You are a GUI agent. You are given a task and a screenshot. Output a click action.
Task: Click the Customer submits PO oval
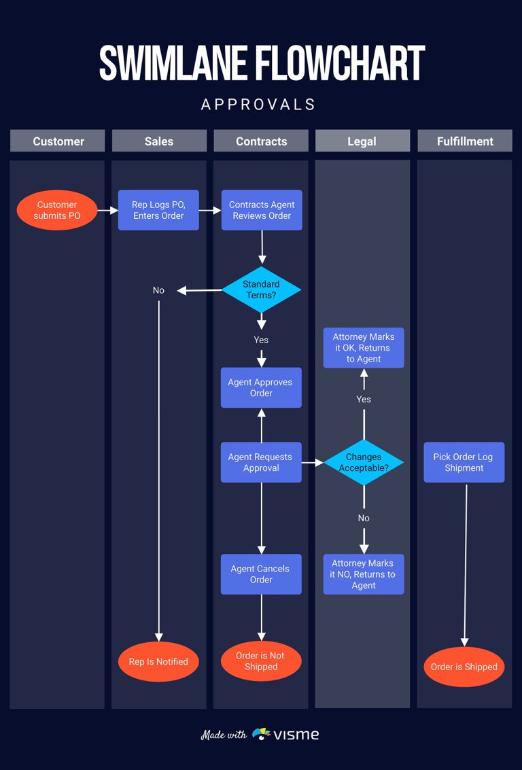pos(57,210)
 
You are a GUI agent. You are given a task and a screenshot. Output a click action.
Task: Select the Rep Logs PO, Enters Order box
pos(158,210)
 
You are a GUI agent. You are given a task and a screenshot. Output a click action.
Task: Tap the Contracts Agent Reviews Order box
pos(262,210)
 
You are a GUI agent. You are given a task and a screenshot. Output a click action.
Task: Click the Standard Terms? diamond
pos(261,290)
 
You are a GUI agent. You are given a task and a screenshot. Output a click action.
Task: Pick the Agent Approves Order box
pos(261,387)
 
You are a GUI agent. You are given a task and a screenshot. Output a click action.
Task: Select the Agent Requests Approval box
pos(261,462)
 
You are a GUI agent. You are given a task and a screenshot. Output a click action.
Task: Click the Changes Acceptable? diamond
pos(364,462)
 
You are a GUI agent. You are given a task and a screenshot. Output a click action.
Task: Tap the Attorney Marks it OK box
pos(364,348)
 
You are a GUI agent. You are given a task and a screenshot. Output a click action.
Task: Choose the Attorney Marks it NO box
pos(364,574)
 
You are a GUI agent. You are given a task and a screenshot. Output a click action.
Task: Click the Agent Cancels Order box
pos(261,574)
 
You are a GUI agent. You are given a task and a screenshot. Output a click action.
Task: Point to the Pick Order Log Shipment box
pos(464,462)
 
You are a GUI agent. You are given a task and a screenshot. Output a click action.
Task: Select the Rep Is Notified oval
pos(158,661)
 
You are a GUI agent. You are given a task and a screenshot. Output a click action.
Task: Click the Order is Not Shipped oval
pos(261,661)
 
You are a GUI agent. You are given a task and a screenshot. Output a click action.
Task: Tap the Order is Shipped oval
pos(464,667)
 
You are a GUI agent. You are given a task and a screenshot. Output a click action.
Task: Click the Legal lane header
pos(362,141)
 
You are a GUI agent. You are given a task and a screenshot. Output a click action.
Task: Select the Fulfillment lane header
pos(465,141)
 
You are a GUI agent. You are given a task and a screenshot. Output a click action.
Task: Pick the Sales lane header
pos(159,141)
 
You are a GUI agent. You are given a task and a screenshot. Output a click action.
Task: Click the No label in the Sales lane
pos(158,290)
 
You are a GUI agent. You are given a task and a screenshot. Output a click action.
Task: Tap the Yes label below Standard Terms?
pos(261,340)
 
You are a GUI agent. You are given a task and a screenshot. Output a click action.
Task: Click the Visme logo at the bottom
pos(285,734)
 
